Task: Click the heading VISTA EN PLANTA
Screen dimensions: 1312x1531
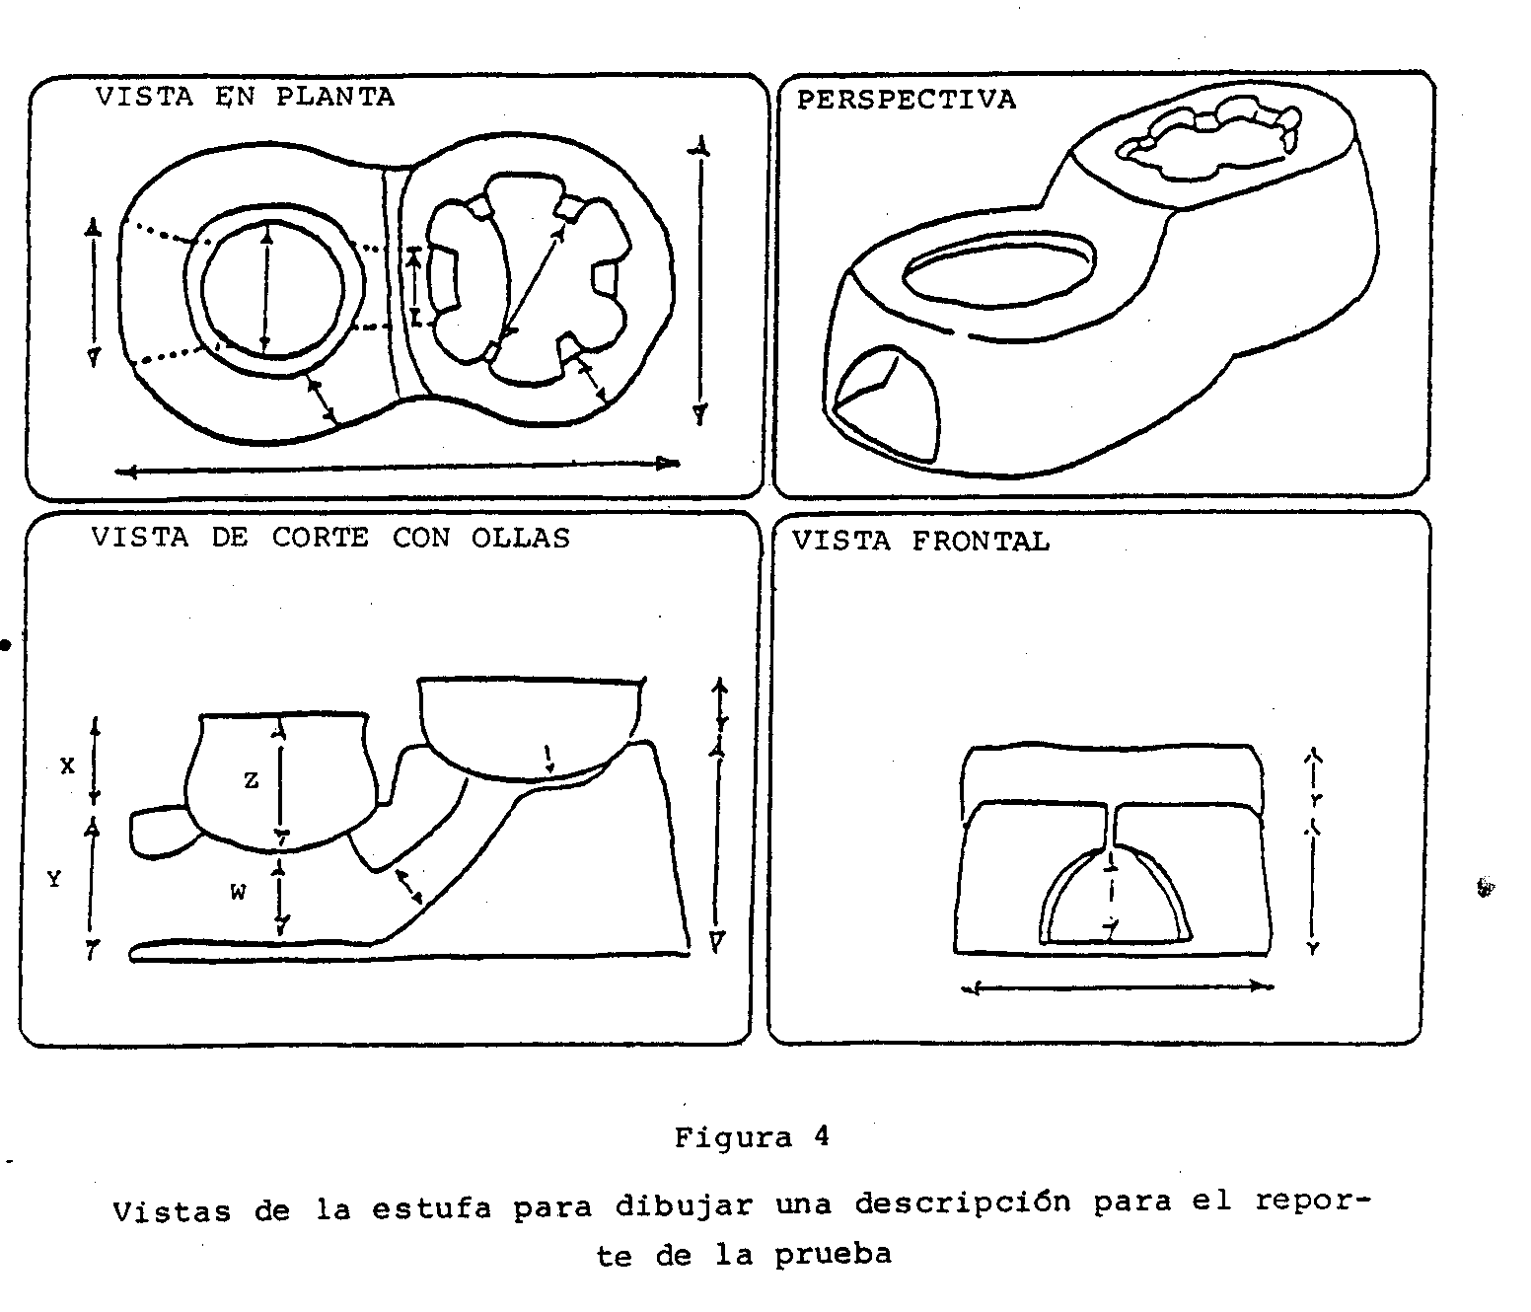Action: tap(245, 97)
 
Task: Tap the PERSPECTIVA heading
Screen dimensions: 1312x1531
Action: tap(906, 100)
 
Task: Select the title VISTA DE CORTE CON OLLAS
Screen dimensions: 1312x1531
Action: tap(330, 538)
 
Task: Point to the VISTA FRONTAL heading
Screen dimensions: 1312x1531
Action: tap(920, 541)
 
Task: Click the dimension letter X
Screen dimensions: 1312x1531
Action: tap(67, 765)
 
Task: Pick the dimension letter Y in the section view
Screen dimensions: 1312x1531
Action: tap(54, 879)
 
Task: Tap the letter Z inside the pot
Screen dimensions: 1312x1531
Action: tap(251, 780)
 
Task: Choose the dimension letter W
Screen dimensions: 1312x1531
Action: tap(238, 893)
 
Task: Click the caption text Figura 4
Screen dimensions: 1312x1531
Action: tap(752, 1137)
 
